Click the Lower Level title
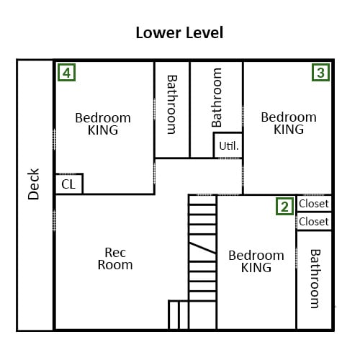tap(179, 32)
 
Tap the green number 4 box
tap(67, 73)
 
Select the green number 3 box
tap(320, 73)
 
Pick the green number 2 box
tap(284, 207)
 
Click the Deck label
tap(33, 184)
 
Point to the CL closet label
tap(68, 184)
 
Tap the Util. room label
tap(229, 146)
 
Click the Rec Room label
tap(115, 258)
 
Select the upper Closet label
tap(314, 204)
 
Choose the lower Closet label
tap(314, 222)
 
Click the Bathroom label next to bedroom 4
tap(172, 104)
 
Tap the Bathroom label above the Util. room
tap(217, 97)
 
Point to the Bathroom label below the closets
tap(315, 279)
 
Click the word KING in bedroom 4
tap(103, 130)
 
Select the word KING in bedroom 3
tap(289, 130)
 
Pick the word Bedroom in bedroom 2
tap(256, 256)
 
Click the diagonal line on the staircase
tap(202, 248)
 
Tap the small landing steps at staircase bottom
tap(179, 315)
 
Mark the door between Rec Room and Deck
tap(54, 220)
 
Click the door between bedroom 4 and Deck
tap(54, 140)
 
